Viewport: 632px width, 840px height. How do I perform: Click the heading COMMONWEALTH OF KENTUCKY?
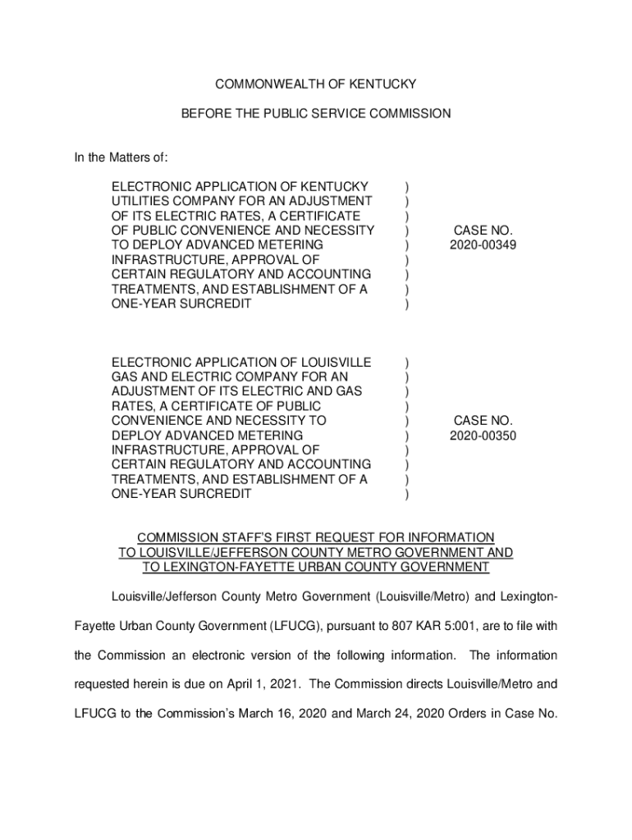315,84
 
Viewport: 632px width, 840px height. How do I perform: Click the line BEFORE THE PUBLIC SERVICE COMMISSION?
315,114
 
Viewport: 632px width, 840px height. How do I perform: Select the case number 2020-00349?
483,245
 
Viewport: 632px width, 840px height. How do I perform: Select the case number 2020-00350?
483,436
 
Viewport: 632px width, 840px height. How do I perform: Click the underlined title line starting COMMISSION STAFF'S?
315,537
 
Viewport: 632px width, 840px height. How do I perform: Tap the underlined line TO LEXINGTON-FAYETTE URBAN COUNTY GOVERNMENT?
315,567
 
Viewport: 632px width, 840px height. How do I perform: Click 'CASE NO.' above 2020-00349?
483,231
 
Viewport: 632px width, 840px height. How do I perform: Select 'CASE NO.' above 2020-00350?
483,421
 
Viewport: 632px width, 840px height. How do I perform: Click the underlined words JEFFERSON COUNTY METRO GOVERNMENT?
338,552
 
